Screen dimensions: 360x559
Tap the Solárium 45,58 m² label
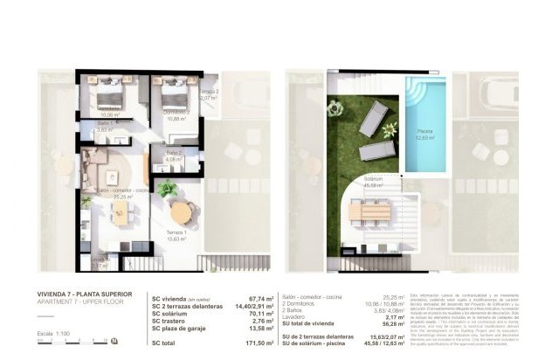click(376, 184)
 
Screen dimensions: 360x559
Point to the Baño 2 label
click(174, 156)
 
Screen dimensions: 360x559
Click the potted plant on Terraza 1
click(166, 188)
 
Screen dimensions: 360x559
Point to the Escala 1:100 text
click(59, 335)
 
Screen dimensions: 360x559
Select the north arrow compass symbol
click(114, 342)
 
